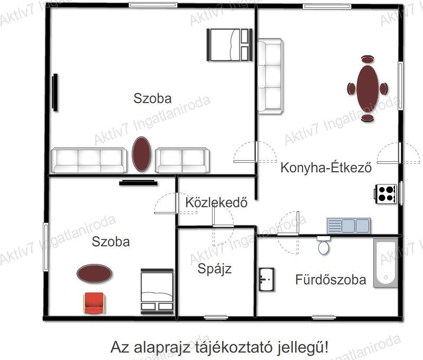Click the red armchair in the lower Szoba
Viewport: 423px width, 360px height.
94,303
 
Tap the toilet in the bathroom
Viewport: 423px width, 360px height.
324,245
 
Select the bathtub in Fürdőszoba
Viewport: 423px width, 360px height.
386,263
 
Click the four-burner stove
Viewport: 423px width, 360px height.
385,194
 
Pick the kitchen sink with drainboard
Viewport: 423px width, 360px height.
348,226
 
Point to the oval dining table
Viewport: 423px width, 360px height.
367,88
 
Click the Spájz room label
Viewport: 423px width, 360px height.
215,269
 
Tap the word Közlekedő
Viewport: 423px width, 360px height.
216,202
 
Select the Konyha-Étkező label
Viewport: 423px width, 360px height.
326,167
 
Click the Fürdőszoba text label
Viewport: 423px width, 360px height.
331,279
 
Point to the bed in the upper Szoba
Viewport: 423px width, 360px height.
229,45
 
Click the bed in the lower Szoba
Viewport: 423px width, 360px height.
157,291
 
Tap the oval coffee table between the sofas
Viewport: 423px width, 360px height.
141,154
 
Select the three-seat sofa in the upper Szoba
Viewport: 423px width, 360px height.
89,160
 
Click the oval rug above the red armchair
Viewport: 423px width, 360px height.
94,273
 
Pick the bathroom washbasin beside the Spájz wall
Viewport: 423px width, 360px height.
266,279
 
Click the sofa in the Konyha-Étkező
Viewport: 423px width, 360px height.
270,76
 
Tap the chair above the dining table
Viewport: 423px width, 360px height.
367,59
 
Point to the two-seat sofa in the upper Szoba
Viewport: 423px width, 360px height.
182,160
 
